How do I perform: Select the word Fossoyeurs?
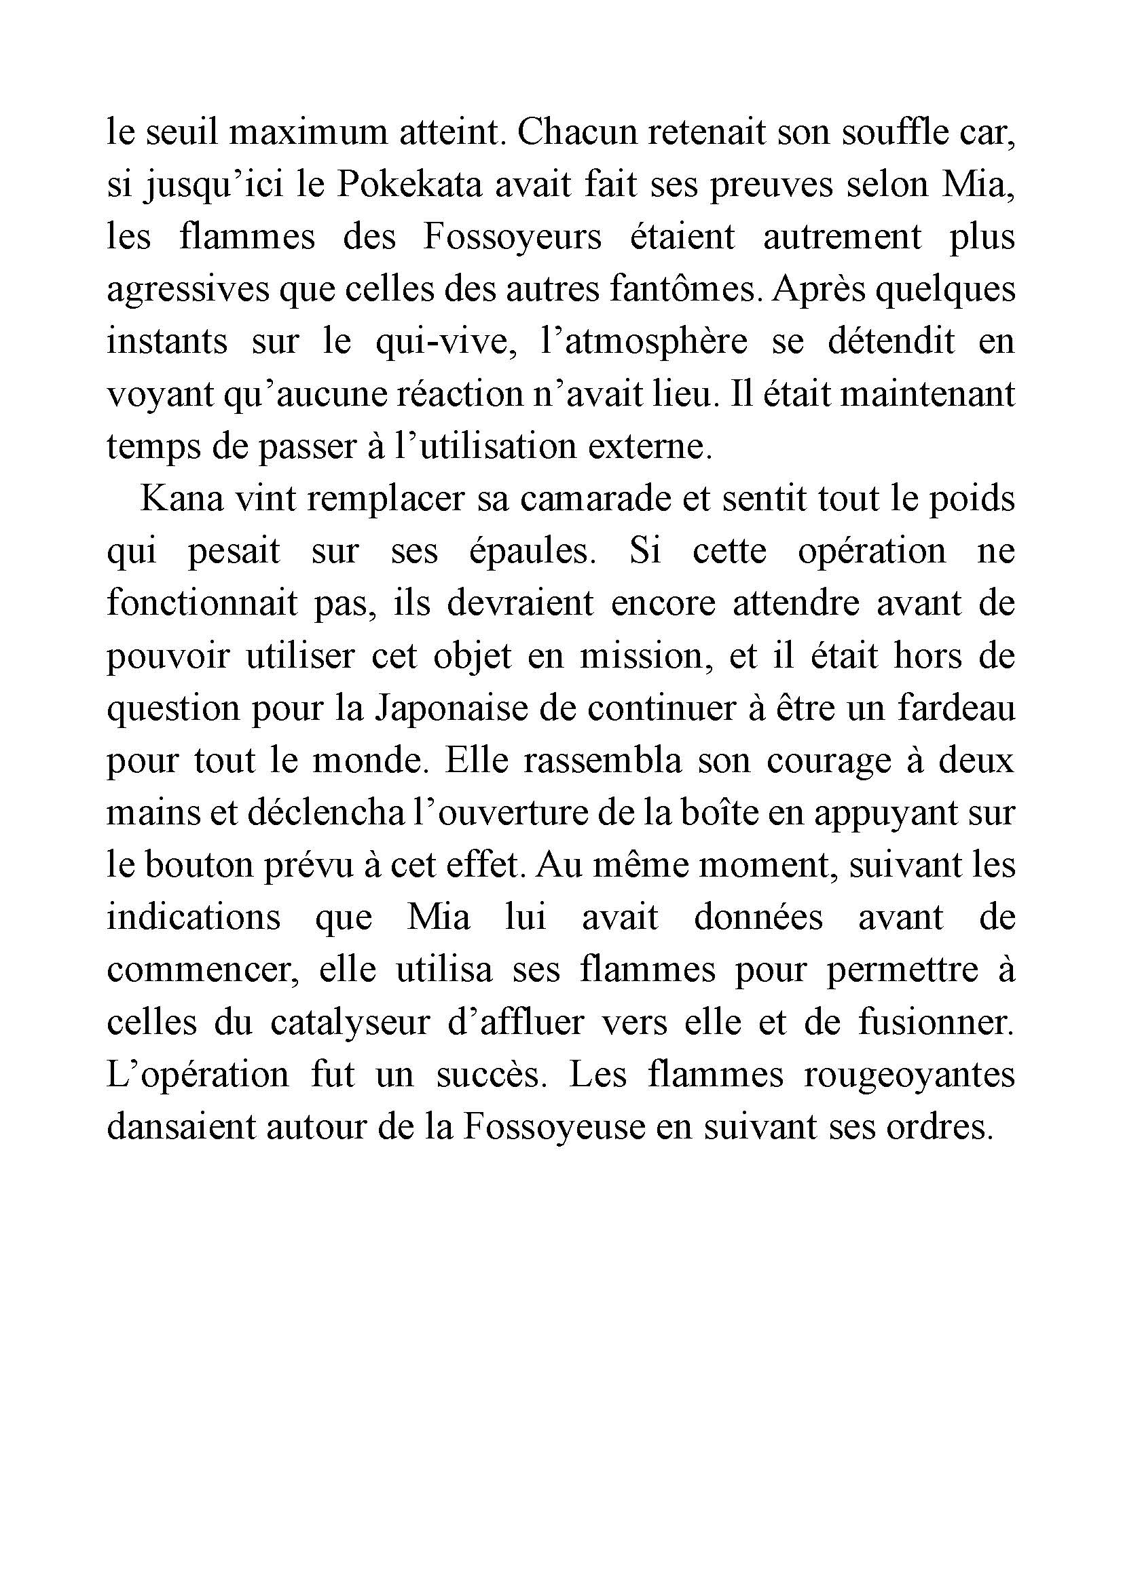pyautogui.click(x=512, y=237)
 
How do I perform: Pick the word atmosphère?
pyautogui.click(x=644, y=342)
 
